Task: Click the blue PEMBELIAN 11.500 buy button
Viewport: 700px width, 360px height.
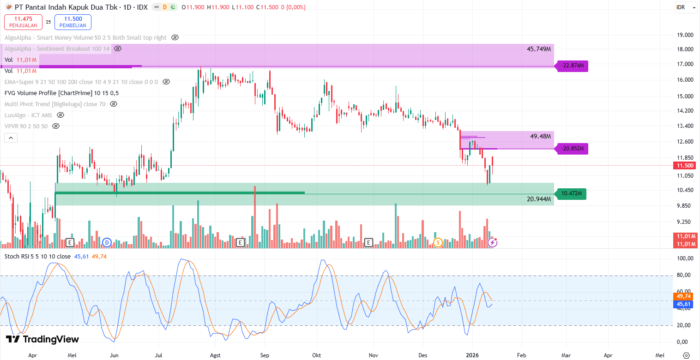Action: click(x=72, y=22)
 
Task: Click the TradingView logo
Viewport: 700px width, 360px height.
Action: click(x=42, y=339)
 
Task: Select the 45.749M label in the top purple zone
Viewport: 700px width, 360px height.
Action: click(x=539, y=49)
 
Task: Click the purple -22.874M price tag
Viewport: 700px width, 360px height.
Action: click(x=573, y=66)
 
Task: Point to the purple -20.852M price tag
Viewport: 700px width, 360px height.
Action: click(x=573, y=149)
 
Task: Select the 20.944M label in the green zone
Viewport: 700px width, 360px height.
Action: click(x=539, y=199)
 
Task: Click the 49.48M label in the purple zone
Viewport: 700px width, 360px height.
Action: click(x=541, y=137)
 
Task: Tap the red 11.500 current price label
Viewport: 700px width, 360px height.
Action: click(x=685, y=166)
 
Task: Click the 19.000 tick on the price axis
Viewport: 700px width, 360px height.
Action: click(x=685, y=35)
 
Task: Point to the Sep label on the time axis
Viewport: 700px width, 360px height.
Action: click(x=264, y=355)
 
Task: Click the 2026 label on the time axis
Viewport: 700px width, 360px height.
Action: click(x=472, y=355)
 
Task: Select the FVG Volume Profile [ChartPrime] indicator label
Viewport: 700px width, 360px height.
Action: click(x=61, y=93)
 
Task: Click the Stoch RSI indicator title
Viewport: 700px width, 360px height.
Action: click(x=37, y=256)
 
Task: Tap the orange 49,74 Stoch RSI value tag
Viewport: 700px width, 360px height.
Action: click(x=683, y=296)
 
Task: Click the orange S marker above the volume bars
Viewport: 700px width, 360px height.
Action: click(x=438, y=242)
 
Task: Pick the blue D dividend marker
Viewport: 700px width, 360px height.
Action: click(x=107, y=242)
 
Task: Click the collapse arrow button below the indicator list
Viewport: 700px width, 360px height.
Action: click(x=11, y=138)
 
